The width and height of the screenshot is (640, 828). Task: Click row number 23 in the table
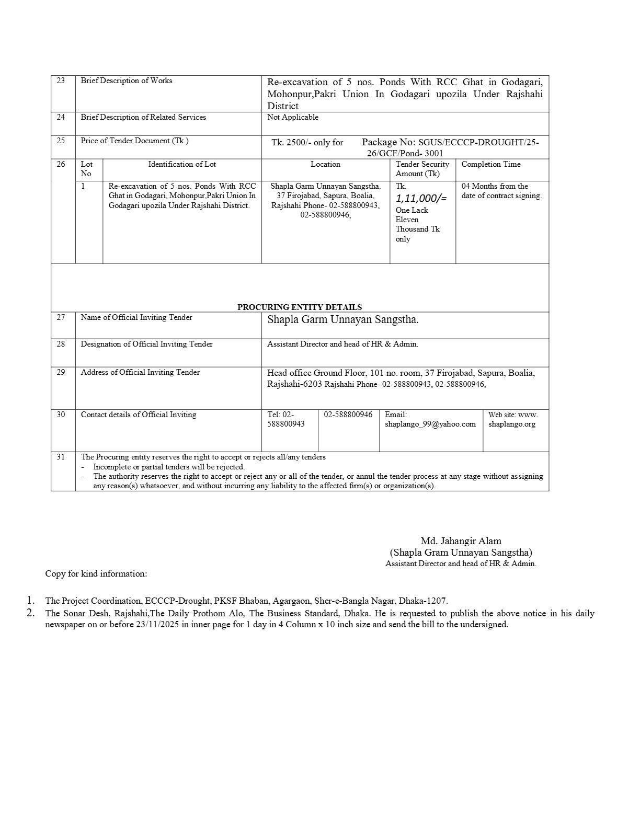point(61,80)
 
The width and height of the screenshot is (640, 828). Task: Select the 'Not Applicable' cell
point(292,117)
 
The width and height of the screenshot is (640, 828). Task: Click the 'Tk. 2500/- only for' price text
point(307,142)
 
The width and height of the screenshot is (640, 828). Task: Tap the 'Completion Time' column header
point(490,164)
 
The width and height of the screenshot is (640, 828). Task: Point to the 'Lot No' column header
point(86,169)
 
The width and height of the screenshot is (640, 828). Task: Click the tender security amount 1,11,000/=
point(421,198)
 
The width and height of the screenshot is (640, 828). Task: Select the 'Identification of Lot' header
point(181,164)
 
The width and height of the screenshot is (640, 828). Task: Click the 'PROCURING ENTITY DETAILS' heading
point(299,307)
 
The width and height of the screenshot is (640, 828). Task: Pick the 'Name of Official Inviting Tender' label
point(136,317)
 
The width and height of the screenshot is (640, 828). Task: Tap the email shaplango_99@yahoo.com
point(430,424)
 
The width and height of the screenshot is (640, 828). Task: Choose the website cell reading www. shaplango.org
point(512,419)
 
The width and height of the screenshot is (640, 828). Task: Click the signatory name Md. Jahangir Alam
point(461,541)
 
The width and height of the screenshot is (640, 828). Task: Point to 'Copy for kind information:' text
point(96,573)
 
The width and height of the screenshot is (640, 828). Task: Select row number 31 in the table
point(61,457)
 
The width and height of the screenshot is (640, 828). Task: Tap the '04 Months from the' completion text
point(494,186)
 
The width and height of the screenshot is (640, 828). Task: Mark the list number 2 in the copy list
point(31,613)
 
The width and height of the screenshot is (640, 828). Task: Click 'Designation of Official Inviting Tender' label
point(146,344)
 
